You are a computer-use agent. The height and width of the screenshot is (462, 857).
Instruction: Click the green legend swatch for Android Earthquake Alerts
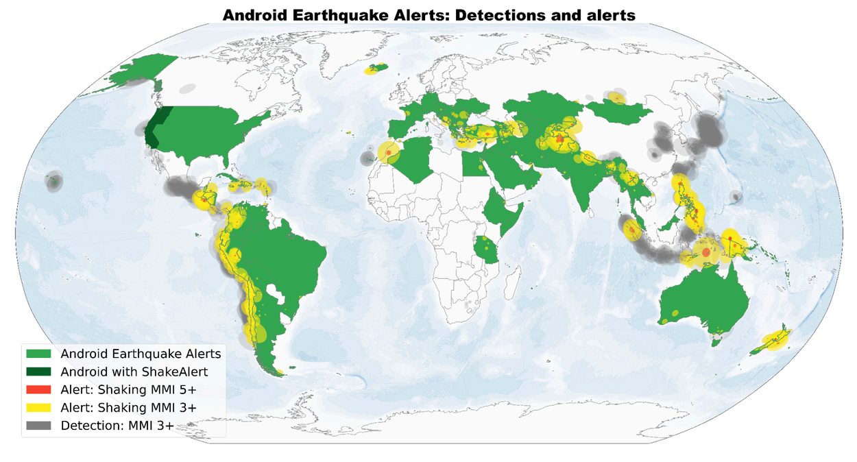click(39, 354)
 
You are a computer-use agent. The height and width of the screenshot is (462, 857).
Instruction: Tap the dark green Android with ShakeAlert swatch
click(39, 372)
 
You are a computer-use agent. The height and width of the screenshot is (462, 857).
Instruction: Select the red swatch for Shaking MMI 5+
click(39, 389)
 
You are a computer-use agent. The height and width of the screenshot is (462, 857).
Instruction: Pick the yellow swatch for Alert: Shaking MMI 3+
click(39, 408)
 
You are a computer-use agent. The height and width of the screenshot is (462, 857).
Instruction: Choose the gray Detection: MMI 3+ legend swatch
click(39, 426)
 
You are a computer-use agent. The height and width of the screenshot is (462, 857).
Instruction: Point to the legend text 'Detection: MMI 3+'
click(117, 426)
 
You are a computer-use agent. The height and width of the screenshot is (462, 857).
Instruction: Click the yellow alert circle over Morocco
click(389, 152)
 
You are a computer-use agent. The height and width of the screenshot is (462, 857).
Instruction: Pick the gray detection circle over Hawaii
click(53, 182)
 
